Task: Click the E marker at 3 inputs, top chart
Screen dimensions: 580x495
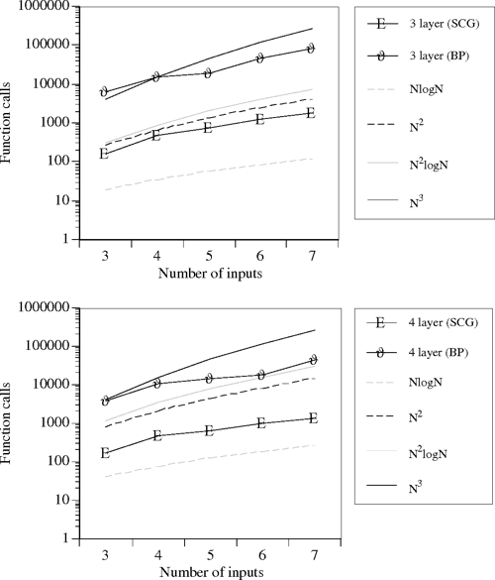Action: coord(104,154)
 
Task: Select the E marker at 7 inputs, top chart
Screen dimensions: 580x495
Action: coord(312,113)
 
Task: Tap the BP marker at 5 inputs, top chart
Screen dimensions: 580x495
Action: coord(208,73)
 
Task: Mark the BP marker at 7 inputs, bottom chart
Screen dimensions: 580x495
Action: coord(312,360)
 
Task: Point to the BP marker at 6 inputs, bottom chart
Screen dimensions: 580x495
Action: coord(260,375)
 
